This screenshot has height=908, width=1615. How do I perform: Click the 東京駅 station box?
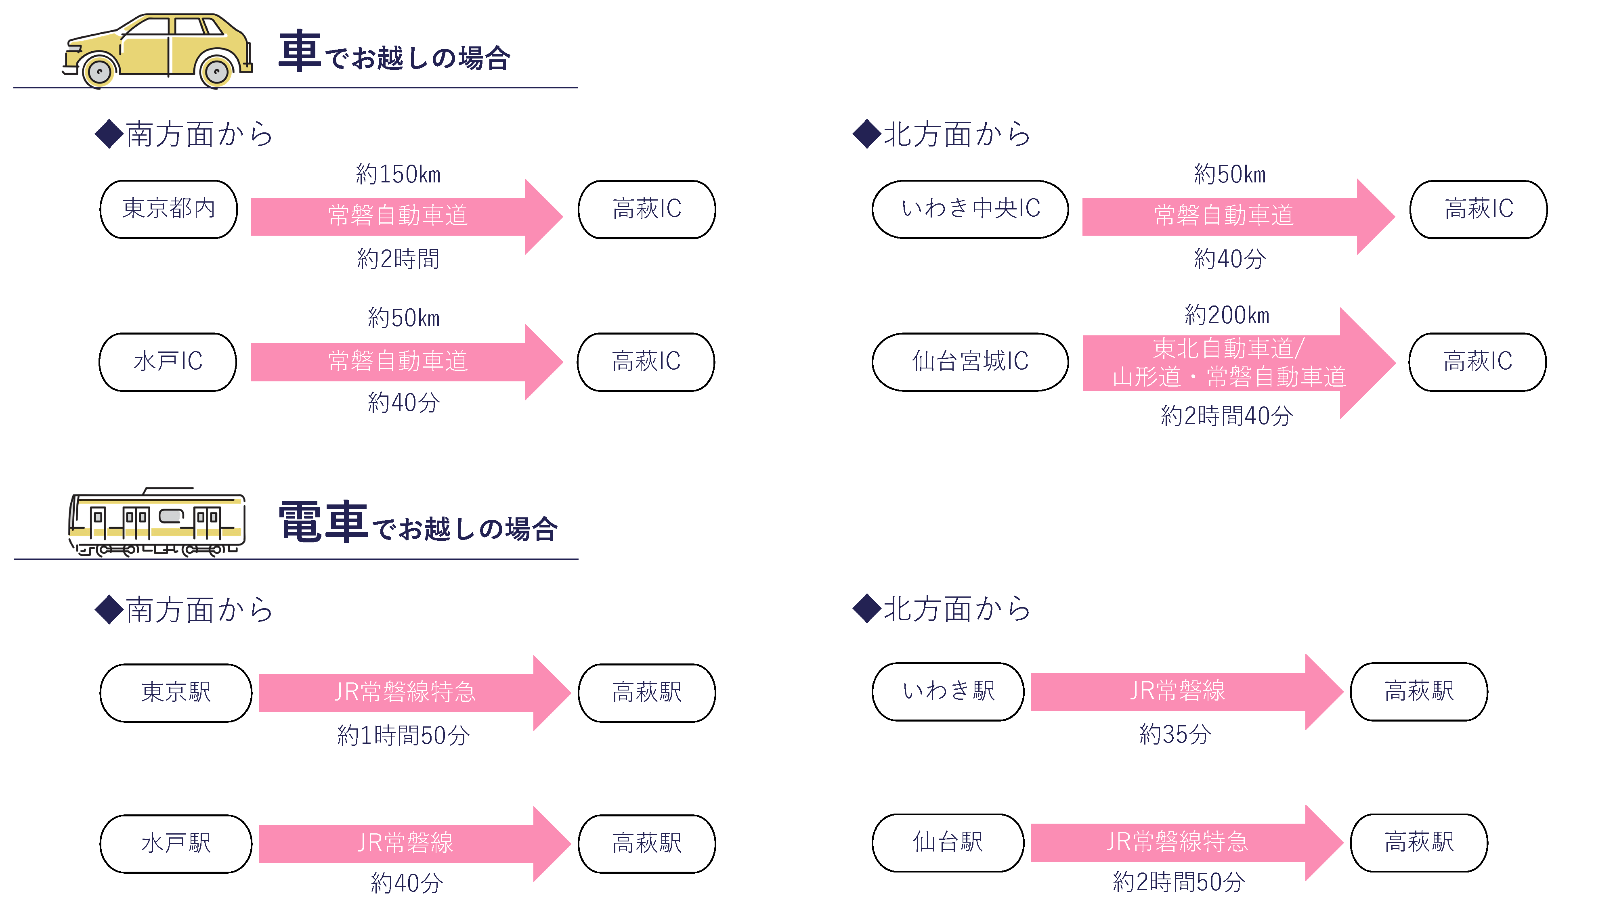pos(176,693)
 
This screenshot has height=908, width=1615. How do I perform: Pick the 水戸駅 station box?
pos(176,843)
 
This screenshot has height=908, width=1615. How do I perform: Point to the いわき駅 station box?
pos(948,692)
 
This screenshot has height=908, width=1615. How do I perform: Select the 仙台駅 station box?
pos(948,842)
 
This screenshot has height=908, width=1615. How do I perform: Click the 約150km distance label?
pos(398,174)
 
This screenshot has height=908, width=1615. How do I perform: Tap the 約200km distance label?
pos(1227,315)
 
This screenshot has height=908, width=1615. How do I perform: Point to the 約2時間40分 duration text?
pos(1227,416)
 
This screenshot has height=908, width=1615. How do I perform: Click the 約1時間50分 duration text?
pos(403,735)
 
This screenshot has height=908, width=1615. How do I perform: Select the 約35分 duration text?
pos(1175,734)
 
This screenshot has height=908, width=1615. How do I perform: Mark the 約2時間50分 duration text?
pos(1179,882)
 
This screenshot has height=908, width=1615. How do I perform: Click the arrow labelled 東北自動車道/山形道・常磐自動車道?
pos(1240,363)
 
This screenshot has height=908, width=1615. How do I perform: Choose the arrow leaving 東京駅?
pos(414,693)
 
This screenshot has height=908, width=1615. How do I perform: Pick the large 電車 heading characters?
pos(323,522)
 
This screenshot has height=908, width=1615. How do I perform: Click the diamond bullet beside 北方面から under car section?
pos(867,134)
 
